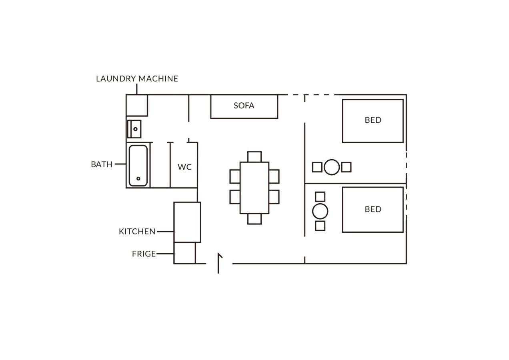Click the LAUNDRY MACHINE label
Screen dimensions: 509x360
tap(137, 78)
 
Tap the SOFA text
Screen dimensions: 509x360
tap(244, 106)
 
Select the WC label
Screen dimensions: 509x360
tap(184, 167)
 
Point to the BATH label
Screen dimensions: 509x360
tap(102, 164)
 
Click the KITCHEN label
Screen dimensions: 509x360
tap(137, 232)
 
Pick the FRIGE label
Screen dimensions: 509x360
tap(144, 254)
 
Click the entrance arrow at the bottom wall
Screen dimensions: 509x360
tap(218, 263)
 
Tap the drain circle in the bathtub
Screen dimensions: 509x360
tap(138, 178)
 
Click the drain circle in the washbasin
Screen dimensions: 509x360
tap(135, 129)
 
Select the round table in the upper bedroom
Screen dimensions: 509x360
tap(332, 167)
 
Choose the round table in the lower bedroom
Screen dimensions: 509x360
tap(320, 211)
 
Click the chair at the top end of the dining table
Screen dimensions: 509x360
tap(254, 157)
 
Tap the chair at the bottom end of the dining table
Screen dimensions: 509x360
tap(254, 219)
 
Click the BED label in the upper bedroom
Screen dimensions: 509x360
tap(373, 120)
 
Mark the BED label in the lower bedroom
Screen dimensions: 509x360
tap(373, 209)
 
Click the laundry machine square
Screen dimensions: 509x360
tap(137, 105)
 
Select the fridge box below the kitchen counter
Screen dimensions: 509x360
tap(184, 253)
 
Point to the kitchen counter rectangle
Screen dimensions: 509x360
tap(187, 222)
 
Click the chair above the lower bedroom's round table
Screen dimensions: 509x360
tap(320, 197)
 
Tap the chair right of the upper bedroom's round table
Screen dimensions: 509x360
tap(346, 167)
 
